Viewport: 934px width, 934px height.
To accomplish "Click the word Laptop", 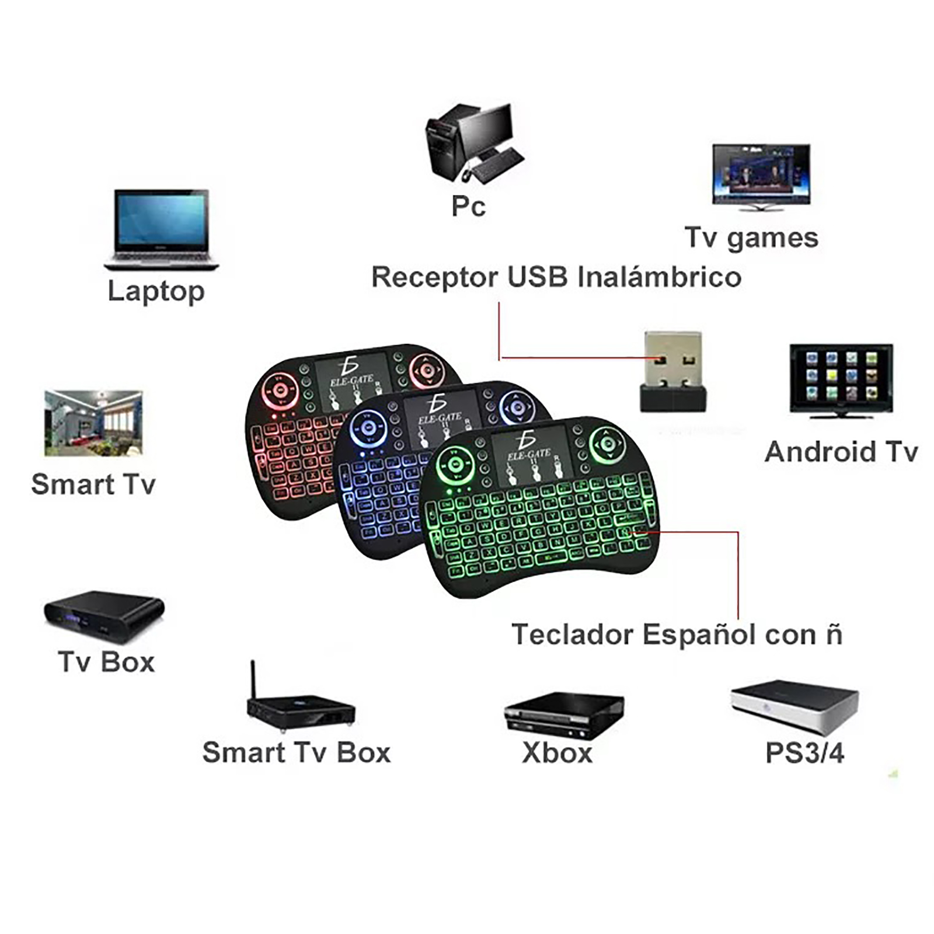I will pyautogui.click(x=156, y=291).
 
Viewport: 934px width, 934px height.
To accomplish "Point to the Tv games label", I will pyautogui.click(x=751, y=238).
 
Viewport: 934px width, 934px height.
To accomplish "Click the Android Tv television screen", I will pyautogui.click(x=841, y=376).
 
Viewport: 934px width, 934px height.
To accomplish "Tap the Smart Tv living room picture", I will pyautogui.click(x=93, y=423).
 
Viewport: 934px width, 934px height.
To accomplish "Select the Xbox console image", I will pyautogui.click(x=563, y=715).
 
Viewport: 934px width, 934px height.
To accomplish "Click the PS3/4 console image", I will pyautogui.click(x=795, y=706).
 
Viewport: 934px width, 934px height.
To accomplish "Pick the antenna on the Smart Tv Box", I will pyautogui.click(x=253, y=679).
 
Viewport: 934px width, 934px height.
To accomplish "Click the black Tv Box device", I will pyautogui.click(x=104, y=616).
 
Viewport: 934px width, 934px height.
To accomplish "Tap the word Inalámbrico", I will pyautogui.click(x=659, y=277).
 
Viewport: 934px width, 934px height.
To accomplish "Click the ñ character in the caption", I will pyautogui.click(x=834, y=634).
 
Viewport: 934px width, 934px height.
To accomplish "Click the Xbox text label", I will pyautogui.click(x=557, y=753).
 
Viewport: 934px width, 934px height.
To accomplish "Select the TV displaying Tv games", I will pyautogui.click(x=761, y=173).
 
